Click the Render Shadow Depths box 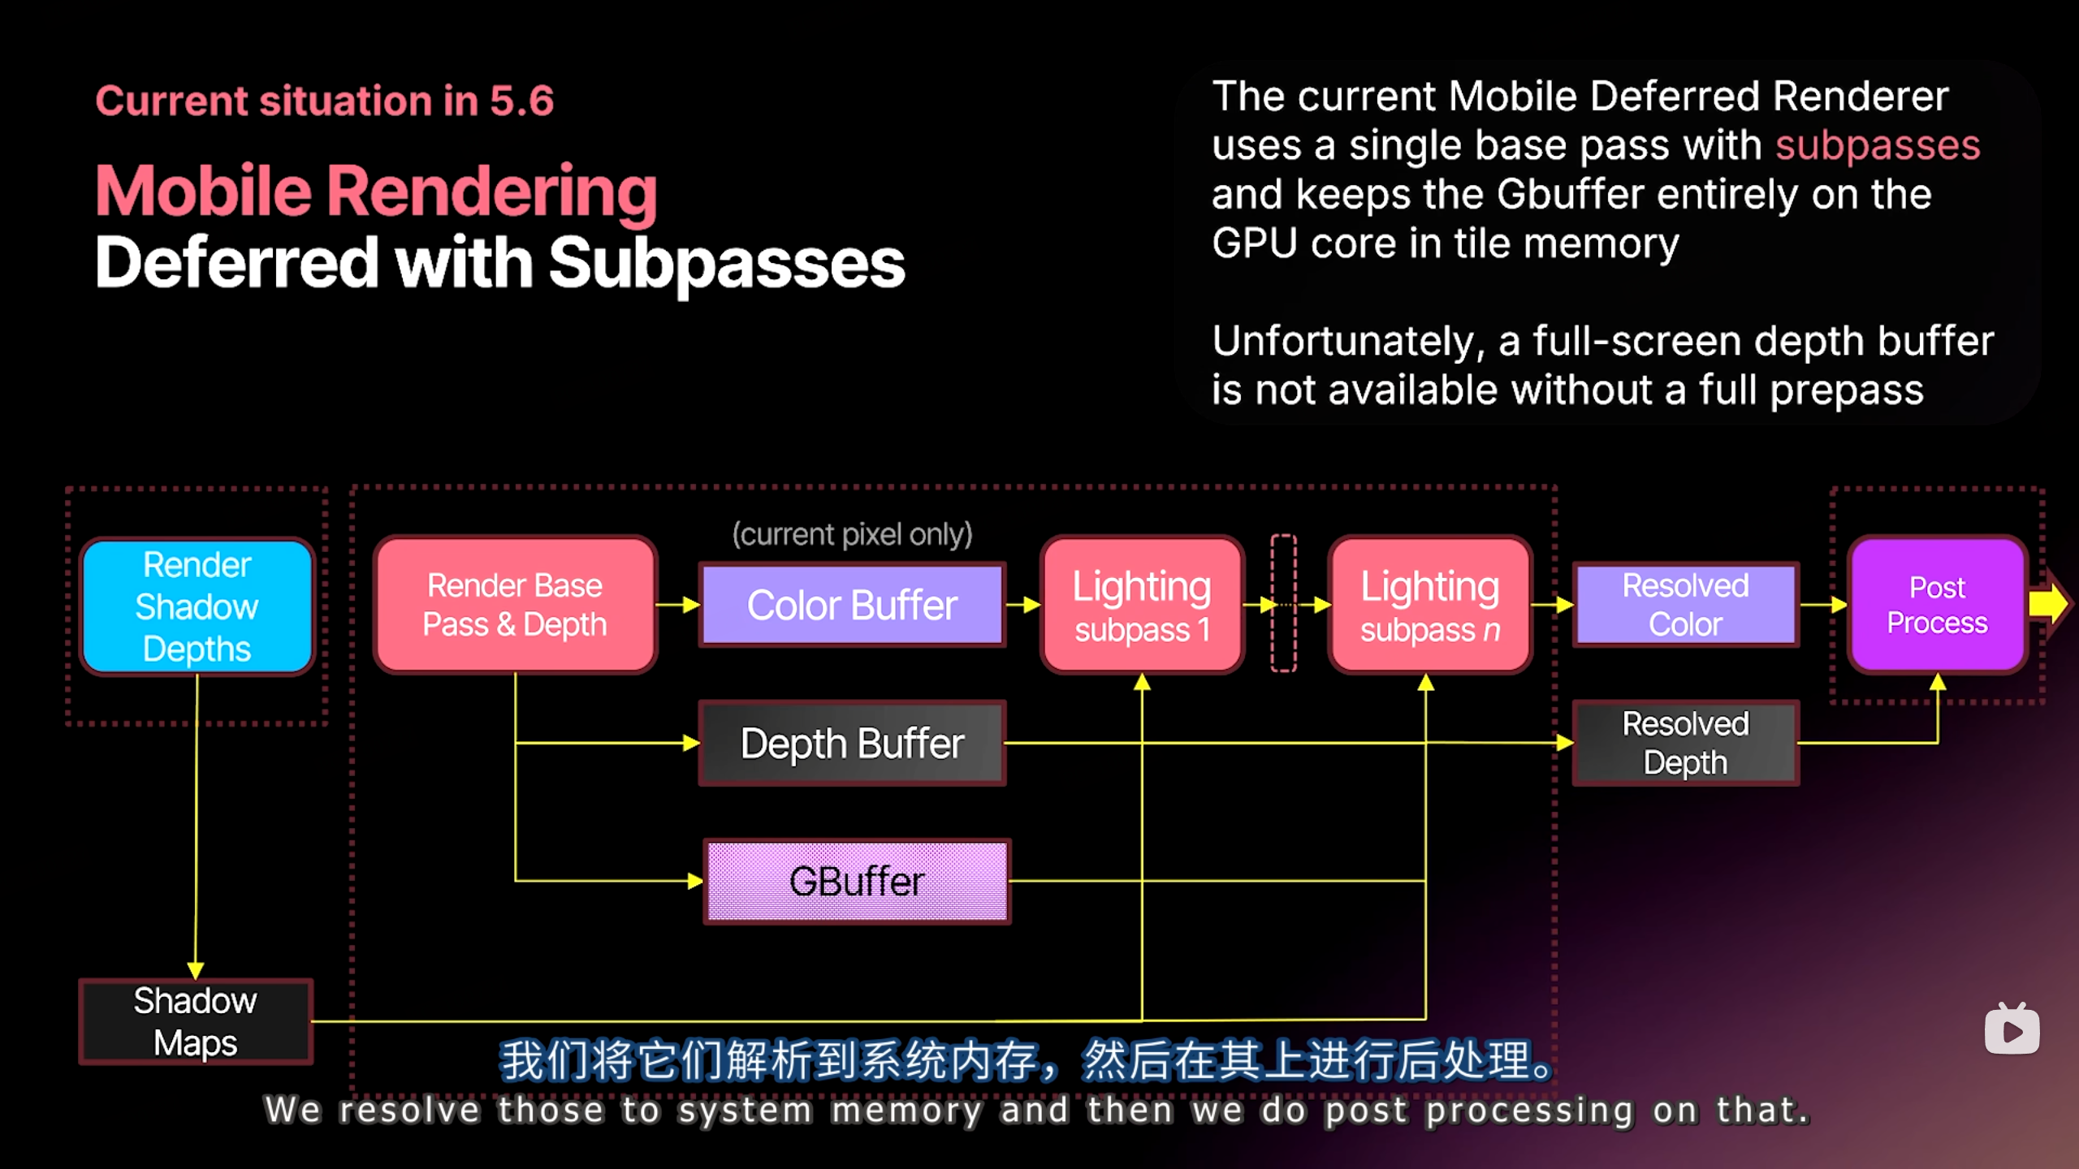pyautogui.click(x=197, y=606)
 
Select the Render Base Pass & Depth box pyautogui.click(x=515, y=605)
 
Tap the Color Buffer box pyautogui.click(x=852, y=605)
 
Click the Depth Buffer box pyautogui.click(x=852, y=743)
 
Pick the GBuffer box pyautogui.click(x=857, y=881)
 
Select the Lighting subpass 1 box pyautogui.click(x=1142, y=605)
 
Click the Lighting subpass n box pyautogui.click(x=1429, y=605)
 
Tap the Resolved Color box pyautogui.click(x=1685, y=605)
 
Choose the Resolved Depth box pyautogui.click(x=1685, y=743)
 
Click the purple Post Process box pyautogui.click(x=1937, y=605)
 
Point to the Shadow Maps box pyautogui.click(x=195, y=1021)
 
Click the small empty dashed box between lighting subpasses pyautogui.click(x=1283, y=603)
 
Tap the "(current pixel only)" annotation pyautogui.click(x=852, y=534)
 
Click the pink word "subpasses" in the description pyautogui.click(x=1878, y=146)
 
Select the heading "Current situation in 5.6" pyautogui.click(x=324, y=101)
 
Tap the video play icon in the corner pyautogui.click(x=2012, y=1029)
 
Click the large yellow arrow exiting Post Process pyautogui.click(x=2047, y=603)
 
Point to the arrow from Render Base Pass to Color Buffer pyautogui.click(x=677, y=605)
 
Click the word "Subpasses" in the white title pyautogui.click(x=726, y=263)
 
